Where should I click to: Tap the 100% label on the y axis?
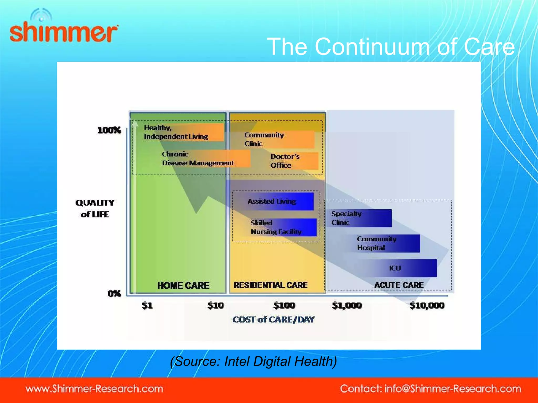tap(109, 130)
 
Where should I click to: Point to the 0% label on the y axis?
tap(114, 293)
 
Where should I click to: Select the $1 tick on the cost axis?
tap(147, 305)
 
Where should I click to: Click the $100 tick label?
tap(284, 305)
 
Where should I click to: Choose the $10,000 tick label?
tap(427, 305)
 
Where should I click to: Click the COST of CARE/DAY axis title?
tap(273, 320)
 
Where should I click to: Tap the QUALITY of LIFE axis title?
tap(95, 208)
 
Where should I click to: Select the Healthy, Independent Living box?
tap(181, 132)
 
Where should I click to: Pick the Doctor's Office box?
tap(292, 161)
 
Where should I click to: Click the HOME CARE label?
tap(183, 285)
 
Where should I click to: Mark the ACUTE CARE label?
tap(399, 285)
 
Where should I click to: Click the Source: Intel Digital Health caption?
tap(253, 361)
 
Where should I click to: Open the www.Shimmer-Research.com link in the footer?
tap(94, 389)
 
